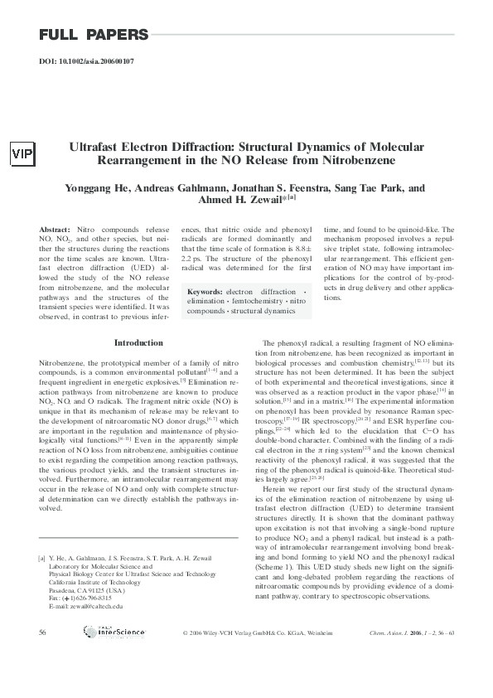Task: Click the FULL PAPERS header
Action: [x=93, y=35]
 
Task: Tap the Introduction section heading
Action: [x=138, y=342]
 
